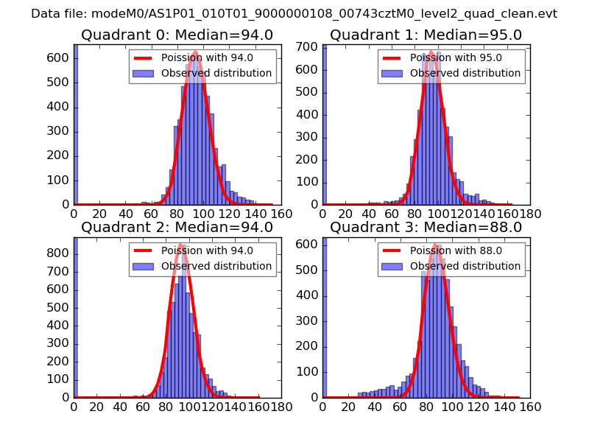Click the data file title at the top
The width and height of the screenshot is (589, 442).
point(294,13)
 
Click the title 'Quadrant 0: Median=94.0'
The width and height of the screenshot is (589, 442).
point(177,35)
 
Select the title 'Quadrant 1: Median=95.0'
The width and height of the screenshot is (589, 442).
point(426,35)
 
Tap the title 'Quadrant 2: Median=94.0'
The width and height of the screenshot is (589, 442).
point(177,227)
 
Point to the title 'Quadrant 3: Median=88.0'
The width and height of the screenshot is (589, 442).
point(426,227)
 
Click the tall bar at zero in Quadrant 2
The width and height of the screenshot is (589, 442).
point(75,317)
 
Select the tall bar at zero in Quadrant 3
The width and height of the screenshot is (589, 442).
point(324,317)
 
